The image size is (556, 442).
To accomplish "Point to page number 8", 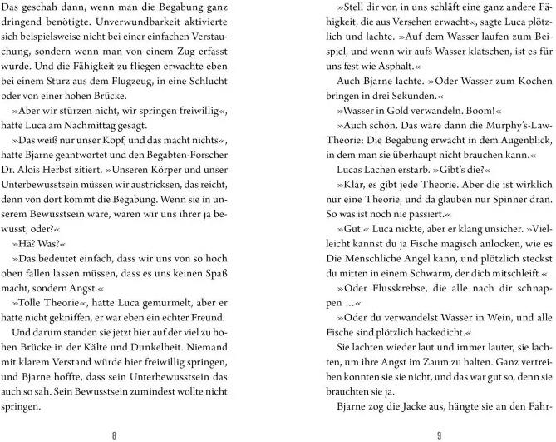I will pos(125,434).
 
